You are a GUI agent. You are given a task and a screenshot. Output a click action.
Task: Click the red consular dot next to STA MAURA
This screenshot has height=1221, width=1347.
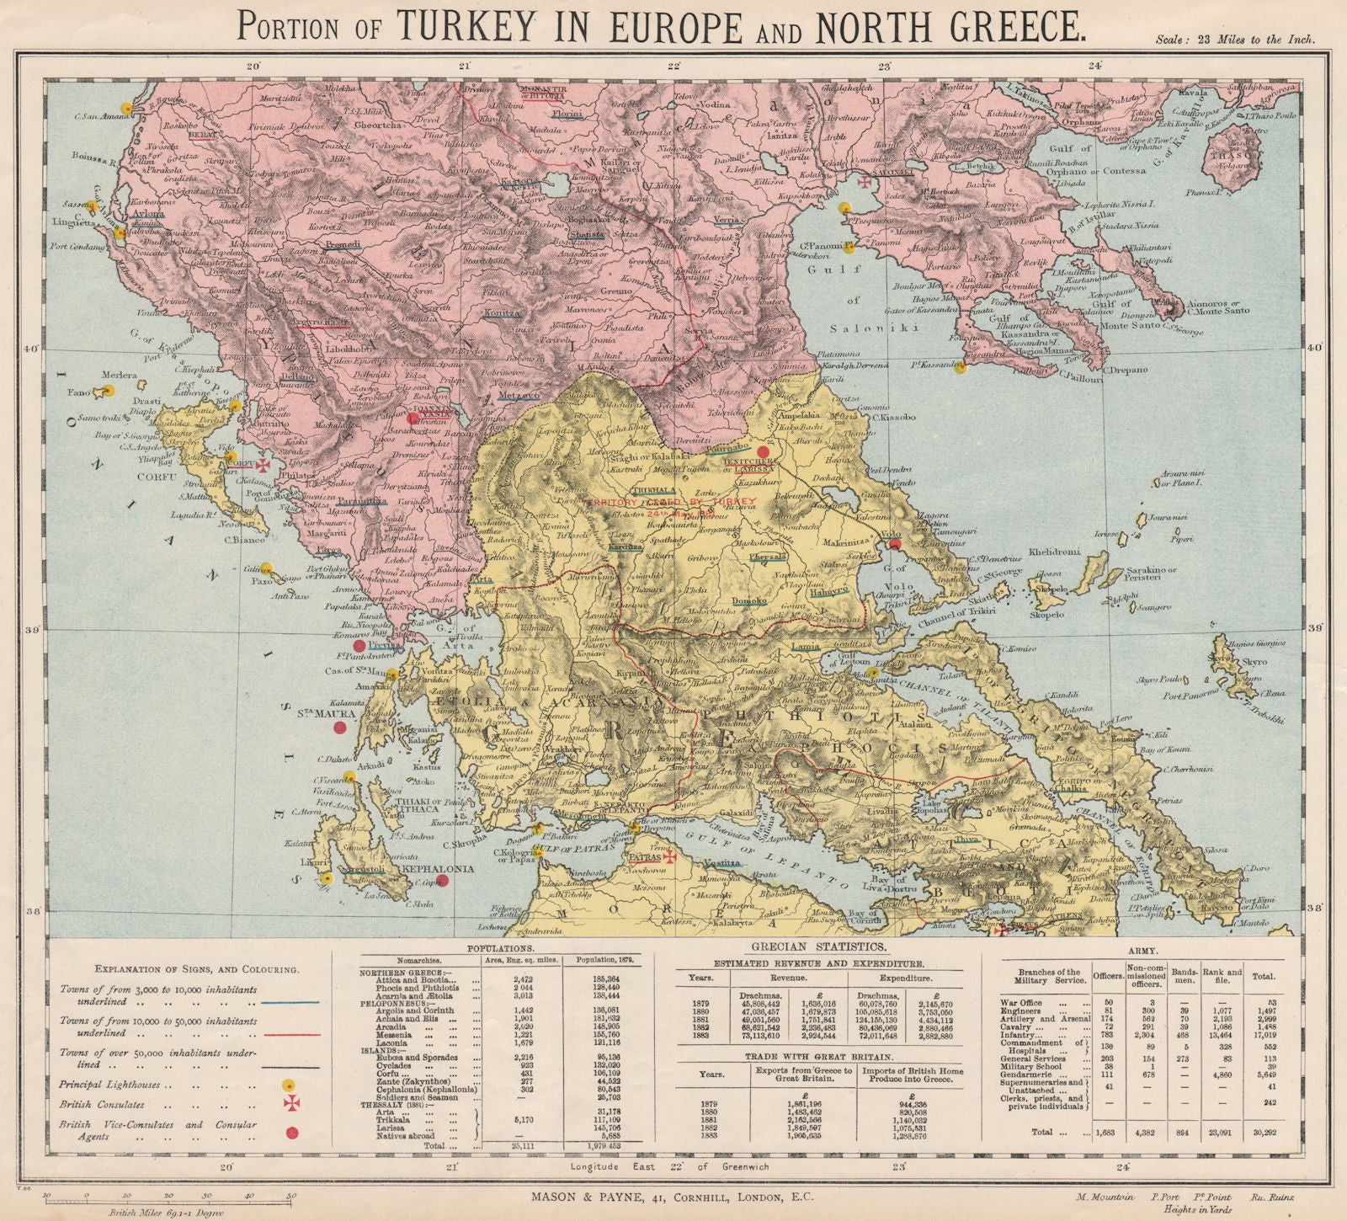click(x=340, y=728)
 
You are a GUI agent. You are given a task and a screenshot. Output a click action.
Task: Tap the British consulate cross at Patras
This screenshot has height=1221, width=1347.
click(x=670, y=856)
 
